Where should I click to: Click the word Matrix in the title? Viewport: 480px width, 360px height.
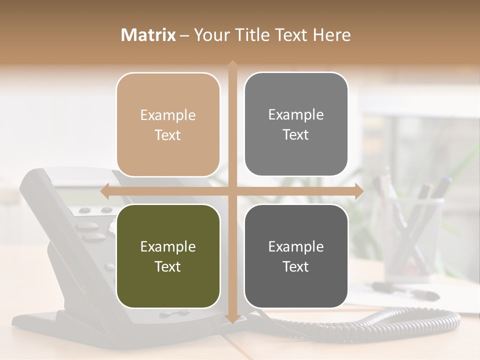click(x=148, y=35)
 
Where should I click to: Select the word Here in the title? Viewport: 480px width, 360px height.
click(x=332, y=35)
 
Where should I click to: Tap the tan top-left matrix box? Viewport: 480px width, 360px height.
click(x=168, y=125)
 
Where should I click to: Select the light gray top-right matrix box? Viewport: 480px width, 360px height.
click(x=296, y=124)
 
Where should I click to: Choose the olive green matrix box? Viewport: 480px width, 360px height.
click(x=168, y=256)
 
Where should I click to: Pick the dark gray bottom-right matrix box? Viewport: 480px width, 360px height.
click(x=296, y=256)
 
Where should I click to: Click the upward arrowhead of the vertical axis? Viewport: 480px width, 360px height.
click(x=232, y=64)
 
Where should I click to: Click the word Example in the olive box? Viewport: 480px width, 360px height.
click(x=168, y=246)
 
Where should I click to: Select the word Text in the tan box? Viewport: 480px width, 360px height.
click(x=168, y=135)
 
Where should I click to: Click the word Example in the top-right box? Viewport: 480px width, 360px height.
click(x=296, y=114)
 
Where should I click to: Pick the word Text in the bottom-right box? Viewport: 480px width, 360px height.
click(x=296, y=266)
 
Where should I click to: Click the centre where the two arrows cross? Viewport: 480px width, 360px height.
click(x=232, y=191)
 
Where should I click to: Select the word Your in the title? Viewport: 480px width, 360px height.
click(x=205, y=35)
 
